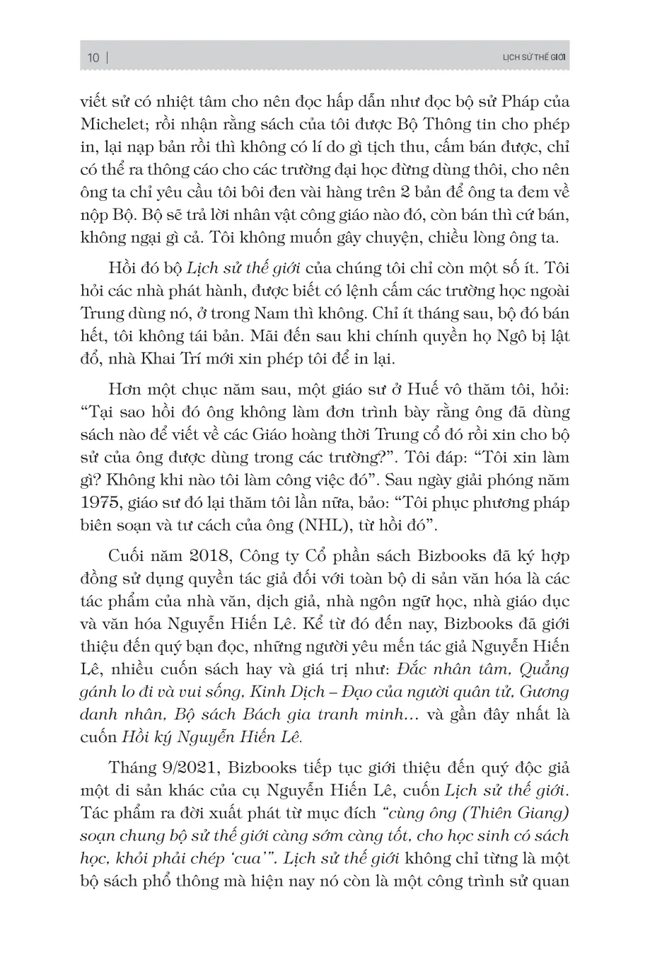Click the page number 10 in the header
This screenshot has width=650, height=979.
click(93, 59)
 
